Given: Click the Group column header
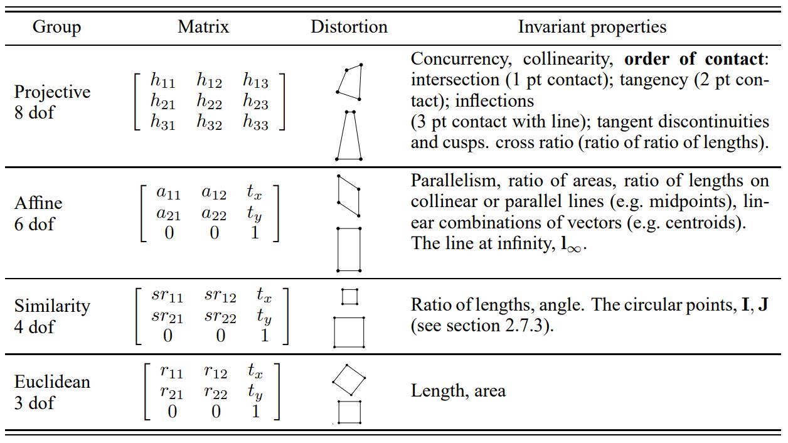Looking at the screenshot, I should [x=56, y=27].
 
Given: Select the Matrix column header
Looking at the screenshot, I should [x=203, y=27].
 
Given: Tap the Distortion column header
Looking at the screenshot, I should [x=349, y=27].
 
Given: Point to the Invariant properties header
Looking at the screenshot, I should [x=592, y=27].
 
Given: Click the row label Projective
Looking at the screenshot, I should [x=52, y=92].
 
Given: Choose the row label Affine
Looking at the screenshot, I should [x=38, y=203].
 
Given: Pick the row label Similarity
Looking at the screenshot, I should [x=52, y=306].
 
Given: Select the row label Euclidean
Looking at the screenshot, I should [x=52, y=382].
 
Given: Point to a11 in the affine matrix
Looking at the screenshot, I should [x=168, y=193].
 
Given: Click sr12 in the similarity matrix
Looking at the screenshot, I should [x=220, y=296].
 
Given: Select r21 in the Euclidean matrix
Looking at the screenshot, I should [x=171, y=393].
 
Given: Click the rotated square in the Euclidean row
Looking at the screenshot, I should [x=348, y=379].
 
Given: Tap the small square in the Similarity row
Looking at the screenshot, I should [x=349, y=296].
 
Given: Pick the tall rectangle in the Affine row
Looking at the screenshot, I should [x=349, y=249].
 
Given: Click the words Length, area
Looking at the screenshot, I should [x=458, y=391].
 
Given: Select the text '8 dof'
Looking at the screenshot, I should [x=35, y=114].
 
